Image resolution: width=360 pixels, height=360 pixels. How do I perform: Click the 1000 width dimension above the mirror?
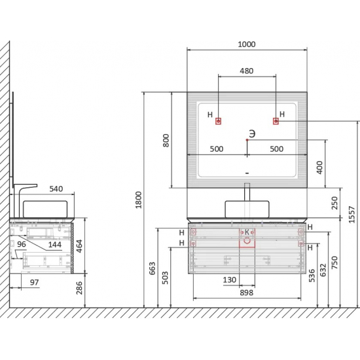(247, 44)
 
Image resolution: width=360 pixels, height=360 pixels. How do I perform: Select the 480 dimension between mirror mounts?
(247, 71)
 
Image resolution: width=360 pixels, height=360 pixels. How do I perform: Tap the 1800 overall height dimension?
(139, 200)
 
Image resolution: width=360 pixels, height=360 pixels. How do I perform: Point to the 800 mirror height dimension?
(166, 141)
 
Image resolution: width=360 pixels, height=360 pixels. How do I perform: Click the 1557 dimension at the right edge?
(351, 215)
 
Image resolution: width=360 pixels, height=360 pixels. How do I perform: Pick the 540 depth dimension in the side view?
(56, 189)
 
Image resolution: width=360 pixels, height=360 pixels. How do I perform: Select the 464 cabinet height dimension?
(79, 246)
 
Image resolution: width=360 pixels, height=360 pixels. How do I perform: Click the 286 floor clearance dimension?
(79, 288)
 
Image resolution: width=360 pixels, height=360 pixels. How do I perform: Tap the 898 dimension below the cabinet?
(247, 293)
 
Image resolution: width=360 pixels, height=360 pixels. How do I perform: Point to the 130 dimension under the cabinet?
(230, 279)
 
